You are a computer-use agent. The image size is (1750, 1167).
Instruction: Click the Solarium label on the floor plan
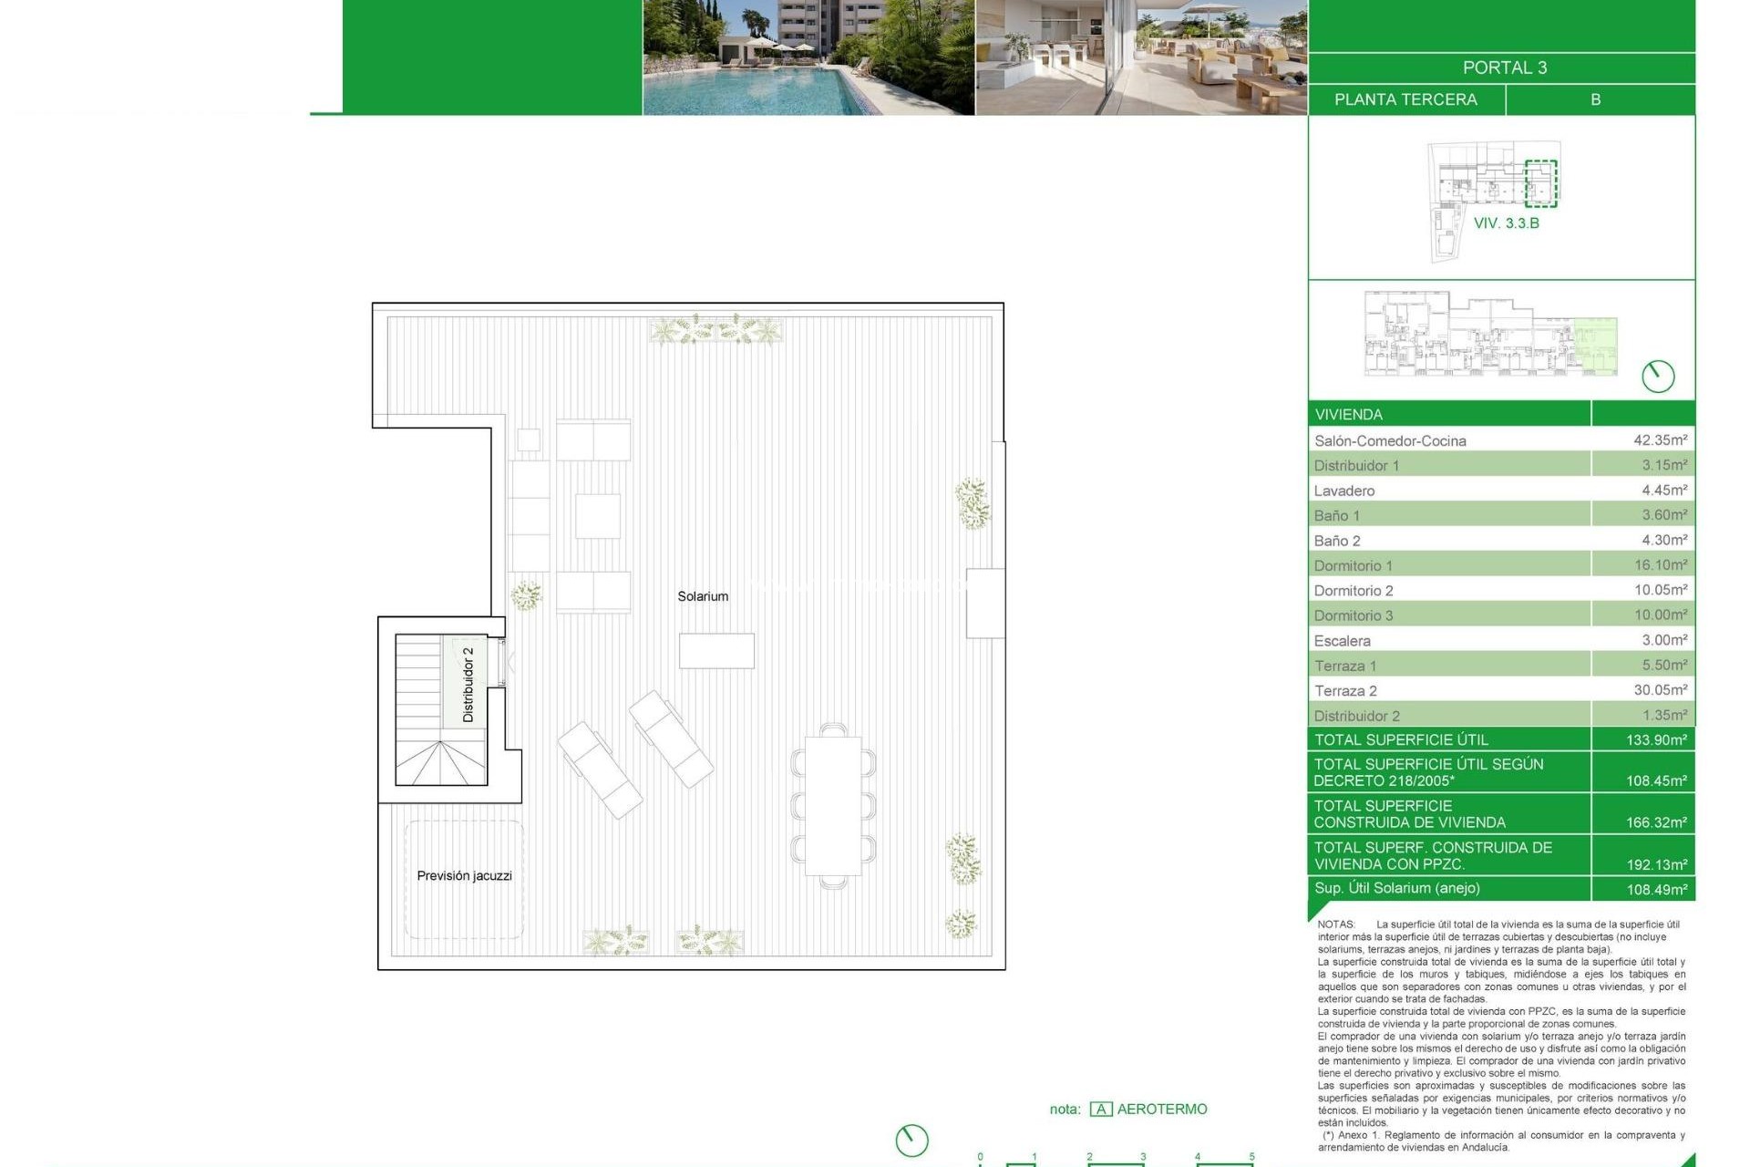pyautogui.click(x=703, y=596)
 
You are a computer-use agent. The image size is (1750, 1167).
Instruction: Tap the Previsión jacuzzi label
pyautogui.click(x=464, y=875)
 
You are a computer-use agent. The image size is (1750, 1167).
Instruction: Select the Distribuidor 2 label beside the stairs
pyautogui.click(x=468, y=685)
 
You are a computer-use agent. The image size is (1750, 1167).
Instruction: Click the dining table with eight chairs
pyautogui.click(x=833, y=805)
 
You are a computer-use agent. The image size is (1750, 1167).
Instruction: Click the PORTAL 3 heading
pyautogui.click(x=1504, y=67)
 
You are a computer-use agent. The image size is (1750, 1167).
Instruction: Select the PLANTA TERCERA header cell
pyautogui.click(x=1405, y=99)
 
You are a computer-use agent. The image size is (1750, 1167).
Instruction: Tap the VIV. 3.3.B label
pyautogui.click(x=1506, y=223)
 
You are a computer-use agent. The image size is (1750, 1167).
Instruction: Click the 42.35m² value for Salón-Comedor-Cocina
pyautogui.click(x=1660, y=439)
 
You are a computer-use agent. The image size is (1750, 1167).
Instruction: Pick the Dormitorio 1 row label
pyautogui.click(x=1354, y=565)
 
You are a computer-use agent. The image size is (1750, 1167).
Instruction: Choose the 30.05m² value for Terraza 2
pyautogui.click(x=1660, y=689)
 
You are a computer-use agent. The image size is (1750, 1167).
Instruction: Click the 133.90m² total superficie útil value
pyautogui.click(x=1656, y=739)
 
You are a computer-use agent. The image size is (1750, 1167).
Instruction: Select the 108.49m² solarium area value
pyautogui.click(x=1656, y=889)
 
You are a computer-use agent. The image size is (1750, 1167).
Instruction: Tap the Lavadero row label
pyautogui.click(x=1344, y=491)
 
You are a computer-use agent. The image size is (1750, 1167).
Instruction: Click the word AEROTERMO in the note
pyautogui.click(x=1162, y=1109)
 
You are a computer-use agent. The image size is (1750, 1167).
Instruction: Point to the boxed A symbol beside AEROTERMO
pyautogui.click(x=1101, y=1109)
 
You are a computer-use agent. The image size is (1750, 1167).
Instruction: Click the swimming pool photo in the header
pyautogui.click(x=808, y=57)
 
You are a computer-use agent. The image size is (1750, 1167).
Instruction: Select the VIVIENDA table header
pyautogui.click(x=1349, y=414)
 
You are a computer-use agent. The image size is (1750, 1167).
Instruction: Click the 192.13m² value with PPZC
pyautogui.click(x=1656, y=864)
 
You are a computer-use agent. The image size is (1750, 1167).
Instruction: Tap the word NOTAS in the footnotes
pyautogui.click(x=1336, y=924)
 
